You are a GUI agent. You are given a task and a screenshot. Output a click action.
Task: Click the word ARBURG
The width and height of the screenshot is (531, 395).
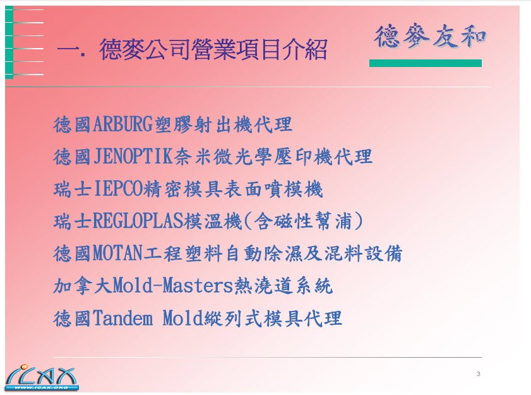[x=122, y=124]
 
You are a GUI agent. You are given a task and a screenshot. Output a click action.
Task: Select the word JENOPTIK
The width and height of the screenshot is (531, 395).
[x=133, y=157]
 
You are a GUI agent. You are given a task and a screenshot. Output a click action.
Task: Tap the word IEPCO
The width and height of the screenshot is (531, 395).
[x=119, y=189]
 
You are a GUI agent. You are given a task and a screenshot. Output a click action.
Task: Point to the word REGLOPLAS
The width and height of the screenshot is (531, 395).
[x=138, y=221]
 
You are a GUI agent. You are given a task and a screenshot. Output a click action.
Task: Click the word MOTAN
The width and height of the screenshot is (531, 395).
[x=117, y=253]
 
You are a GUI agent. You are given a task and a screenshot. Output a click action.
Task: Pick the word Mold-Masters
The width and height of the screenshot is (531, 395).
[x=173, y=286]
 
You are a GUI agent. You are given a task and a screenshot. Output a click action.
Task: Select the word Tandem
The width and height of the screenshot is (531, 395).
[x=122, y=318]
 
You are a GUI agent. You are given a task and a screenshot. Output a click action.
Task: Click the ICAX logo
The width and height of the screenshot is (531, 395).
[x=41, y=377]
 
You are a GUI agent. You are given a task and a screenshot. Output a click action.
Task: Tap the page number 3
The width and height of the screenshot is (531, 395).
[x=478, y=374]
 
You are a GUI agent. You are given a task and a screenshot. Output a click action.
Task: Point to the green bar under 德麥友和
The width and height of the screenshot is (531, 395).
[x=426, y=63]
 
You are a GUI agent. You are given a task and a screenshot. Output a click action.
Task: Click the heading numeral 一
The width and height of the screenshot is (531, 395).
[x=68, y=50]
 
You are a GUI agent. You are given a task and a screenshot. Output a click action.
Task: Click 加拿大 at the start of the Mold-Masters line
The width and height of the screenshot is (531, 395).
[x=83, y=286]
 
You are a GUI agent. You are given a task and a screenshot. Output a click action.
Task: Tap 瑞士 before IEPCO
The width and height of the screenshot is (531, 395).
[x=73, y=189]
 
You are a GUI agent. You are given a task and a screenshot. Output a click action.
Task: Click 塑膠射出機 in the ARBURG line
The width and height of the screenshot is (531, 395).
[x=203, y=124]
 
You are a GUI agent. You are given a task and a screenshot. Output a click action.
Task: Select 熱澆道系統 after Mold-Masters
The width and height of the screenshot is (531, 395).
[x=283, y=286]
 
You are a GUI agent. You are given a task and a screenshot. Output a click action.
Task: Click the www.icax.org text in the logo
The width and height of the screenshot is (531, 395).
[x=41, y=387]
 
